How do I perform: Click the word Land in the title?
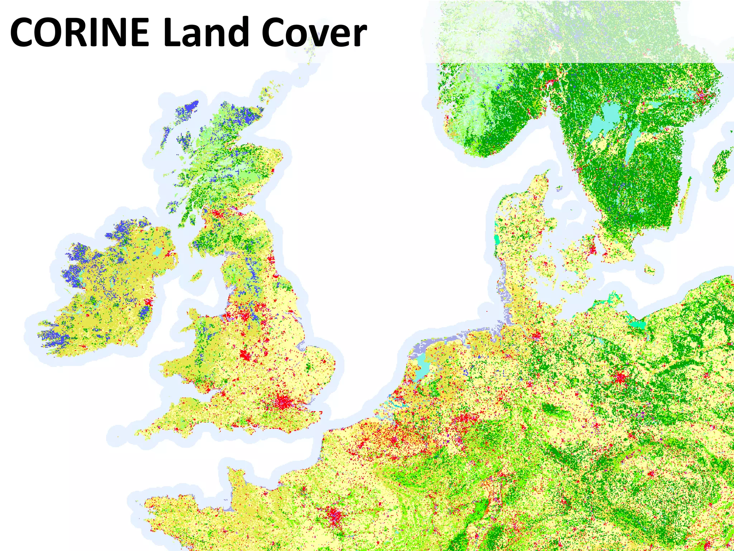click(x=206, y=32)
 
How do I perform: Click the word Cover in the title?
click(x=314, y=32)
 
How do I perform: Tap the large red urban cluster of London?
click(x=283, y=402)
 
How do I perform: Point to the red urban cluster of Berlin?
click(x=620, y=377)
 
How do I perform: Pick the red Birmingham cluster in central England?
click(x=246, y=355)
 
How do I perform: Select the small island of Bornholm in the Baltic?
click(x=649, y=269)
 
